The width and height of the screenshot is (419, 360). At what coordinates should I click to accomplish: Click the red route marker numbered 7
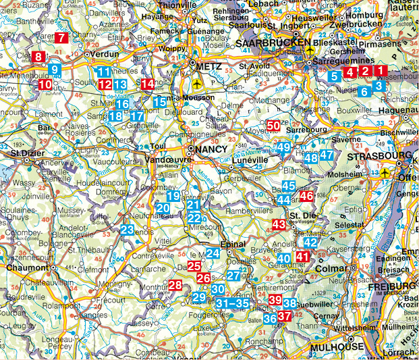pos(62,38)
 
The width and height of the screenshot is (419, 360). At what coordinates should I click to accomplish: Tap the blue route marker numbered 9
pos(55,69)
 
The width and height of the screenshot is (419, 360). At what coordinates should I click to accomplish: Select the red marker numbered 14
pos(148,84)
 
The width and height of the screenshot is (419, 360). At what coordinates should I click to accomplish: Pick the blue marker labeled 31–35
pos(233,305)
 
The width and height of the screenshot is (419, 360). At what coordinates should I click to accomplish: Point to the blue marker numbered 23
pos(128,230)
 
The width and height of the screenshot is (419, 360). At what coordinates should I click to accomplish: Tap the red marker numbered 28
pos(175,286)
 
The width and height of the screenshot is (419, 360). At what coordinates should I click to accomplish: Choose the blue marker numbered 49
pos(284,147)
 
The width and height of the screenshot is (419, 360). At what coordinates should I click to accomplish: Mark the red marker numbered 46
pos(306,197)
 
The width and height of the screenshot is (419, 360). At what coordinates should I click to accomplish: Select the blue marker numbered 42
pos(310,242)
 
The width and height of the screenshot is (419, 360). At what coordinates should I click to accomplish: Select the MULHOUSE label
pos(337,347)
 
